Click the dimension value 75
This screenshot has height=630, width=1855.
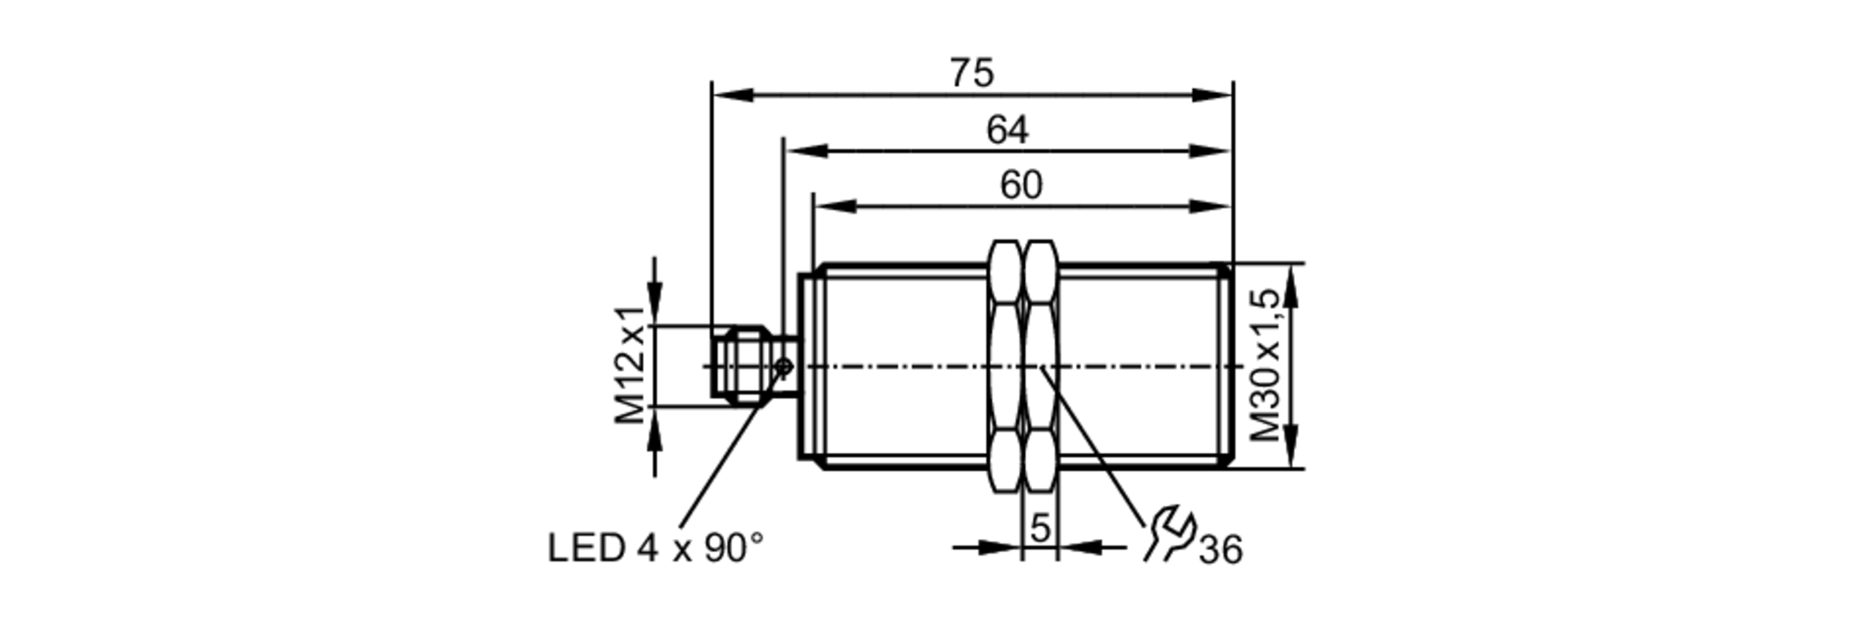pyautogui.click(x=971, y=73)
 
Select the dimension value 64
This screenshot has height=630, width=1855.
pyautogui.click(x=1006, y=130)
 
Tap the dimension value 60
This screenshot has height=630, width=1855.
pyautogui.click(x=1020, y=186)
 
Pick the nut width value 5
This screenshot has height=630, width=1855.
pyautogui.click(x=1040, y=528)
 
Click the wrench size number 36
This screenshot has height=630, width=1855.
pyautogui.click(x=1220, y=550)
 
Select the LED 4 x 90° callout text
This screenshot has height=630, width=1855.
pyautogui.click(x=655, y=548)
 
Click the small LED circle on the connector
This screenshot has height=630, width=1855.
pyautogui.click(x=784, y=367)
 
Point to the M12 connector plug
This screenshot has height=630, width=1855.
pyautogui.click(x=742, y=366)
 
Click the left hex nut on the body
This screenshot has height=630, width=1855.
pyautogui.click(x=1005, y=366)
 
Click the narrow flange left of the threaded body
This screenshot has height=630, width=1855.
pyautogui.click(x=805, y=366)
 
